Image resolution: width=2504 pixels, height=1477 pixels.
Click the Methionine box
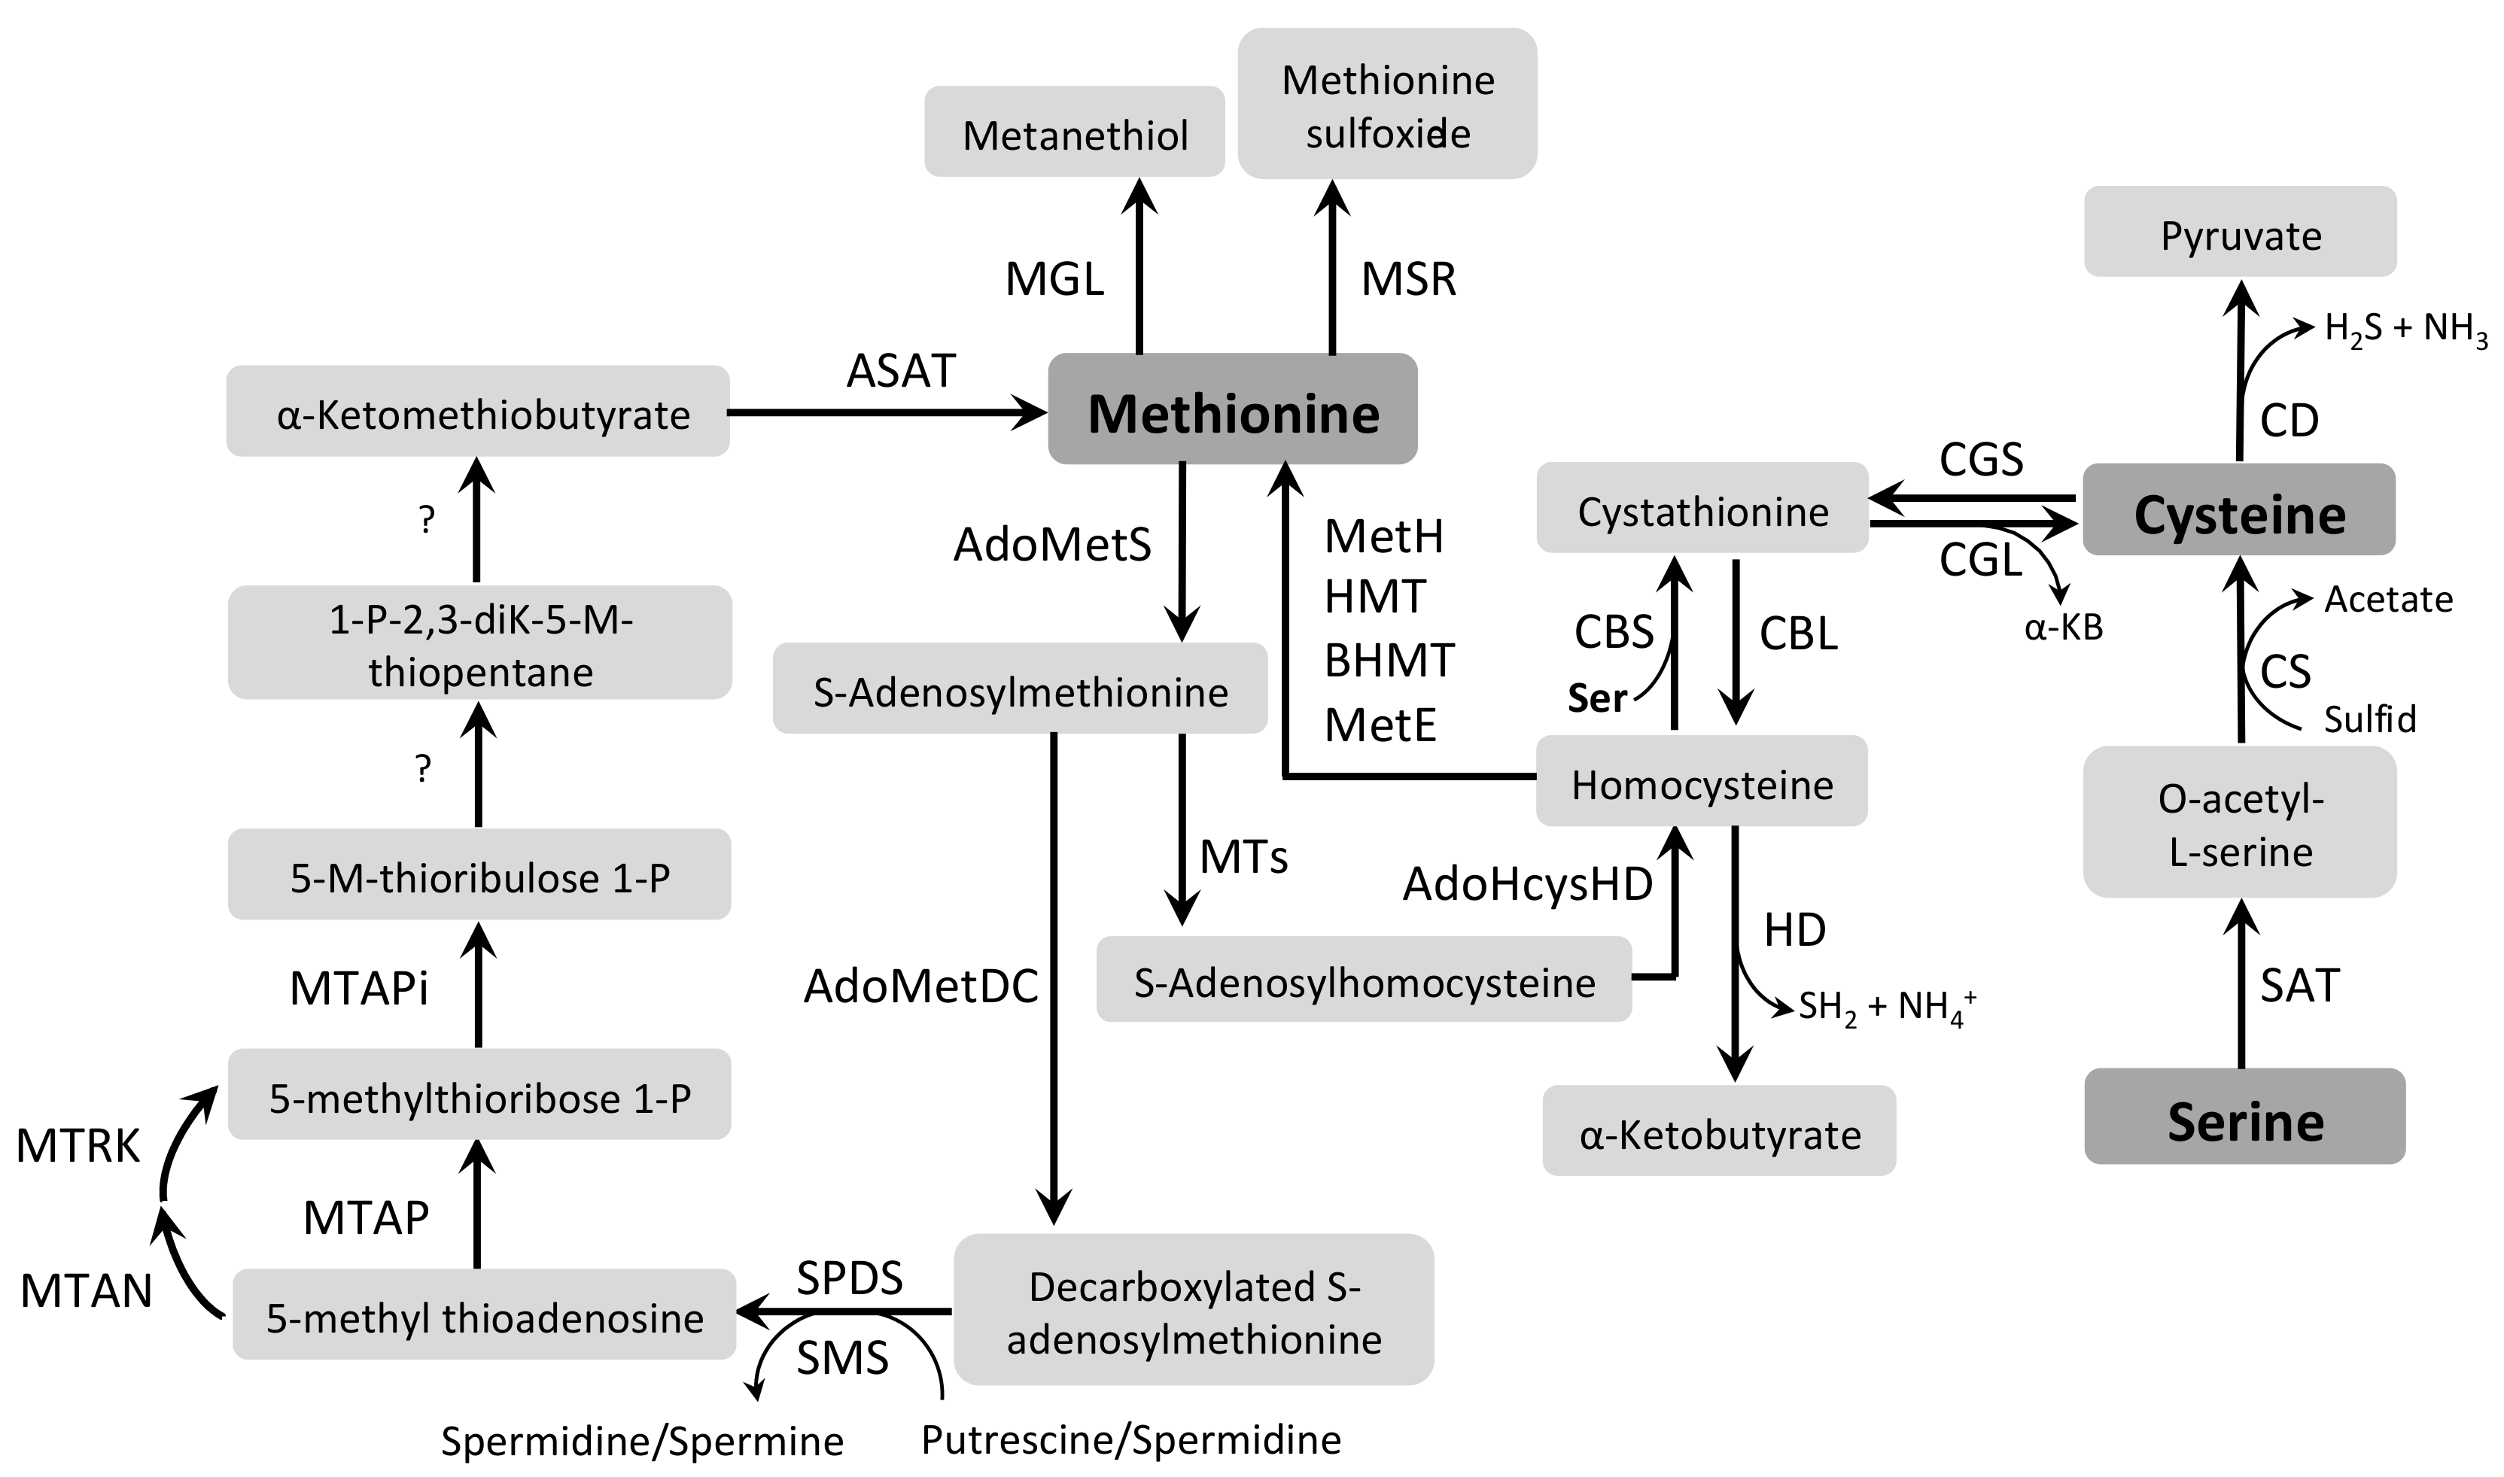1232,409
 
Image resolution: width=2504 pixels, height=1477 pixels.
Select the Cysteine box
2238,509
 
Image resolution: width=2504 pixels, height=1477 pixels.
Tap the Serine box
2244,1117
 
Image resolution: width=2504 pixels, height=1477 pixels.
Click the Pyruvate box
2239,232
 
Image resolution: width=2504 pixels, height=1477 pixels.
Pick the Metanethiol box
1074,132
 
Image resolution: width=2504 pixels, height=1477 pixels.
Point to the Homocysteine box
1701,781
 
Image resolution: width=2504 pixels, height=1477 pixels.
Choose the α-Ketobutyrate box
1719,1131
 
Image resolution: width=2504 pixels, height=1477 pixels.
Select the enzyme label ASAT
901,371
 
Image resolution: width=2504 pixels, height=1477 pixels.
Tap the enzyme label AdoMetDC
920,986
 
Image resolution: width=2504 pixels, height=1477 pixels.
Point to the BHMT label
1389,660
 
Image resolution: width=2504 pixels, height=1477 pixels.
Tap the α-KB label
2063,627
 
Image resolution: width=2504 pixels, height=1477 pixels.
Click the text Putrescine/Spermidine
1130,1439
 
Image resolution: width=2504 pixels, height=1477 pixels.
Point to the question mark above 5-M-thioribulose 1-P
423,767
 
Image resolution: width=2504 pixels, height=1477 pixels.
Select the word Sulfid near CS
2369,719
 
